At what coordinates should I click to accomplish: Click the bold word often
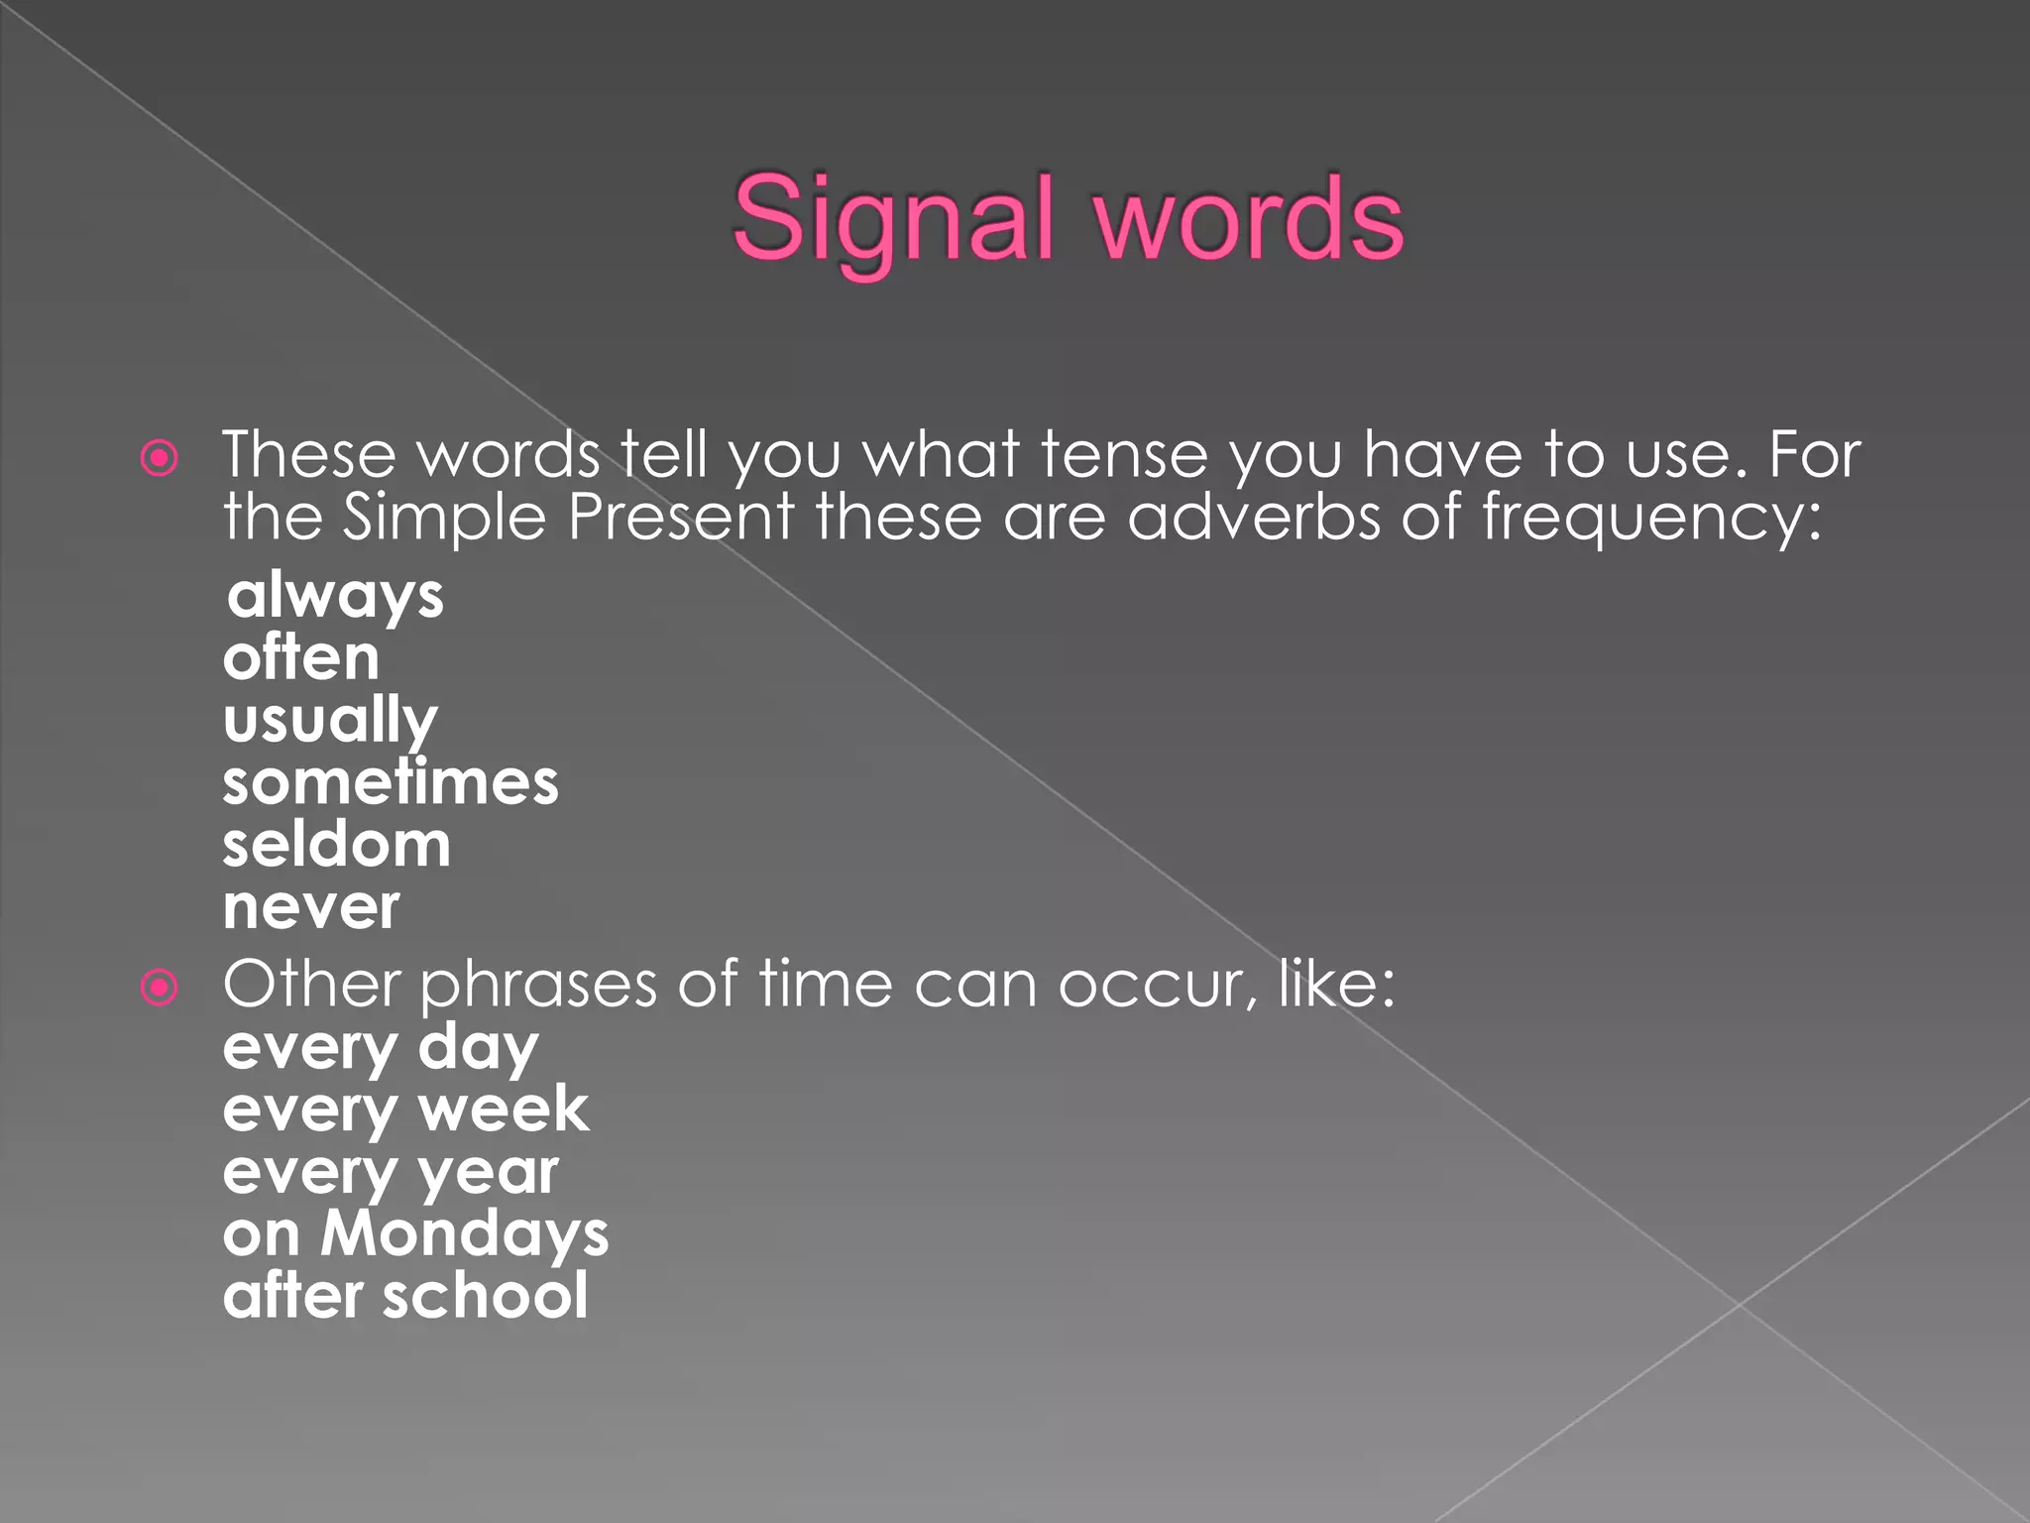(301, 657)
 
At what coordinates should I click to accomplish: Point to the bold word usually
(330, 721)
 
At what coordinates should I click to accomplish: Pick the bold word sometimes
(391, 782)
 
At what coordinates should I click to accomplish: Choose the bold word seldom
(337, 845)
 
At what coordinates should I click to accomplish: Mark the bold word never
(311, 907)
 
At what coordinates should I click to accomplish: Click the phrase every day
(381, 1048)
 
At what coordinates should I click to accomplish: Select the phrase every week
(405, 1110)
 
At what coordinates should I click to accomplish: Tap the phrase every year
(391, 1173)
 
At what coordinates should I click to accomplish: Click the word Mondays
(464, 1234)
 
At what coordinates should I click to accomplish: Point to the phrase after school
(405, 1296)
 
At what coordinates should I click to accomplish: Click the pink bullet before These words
(160, 458)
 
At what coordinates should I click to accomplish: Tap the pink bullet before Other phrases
(160, 988)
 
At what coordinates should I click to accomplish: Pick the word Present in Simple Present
(680, 518)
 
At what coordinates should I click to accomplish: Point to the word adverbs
(1253, 518)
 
